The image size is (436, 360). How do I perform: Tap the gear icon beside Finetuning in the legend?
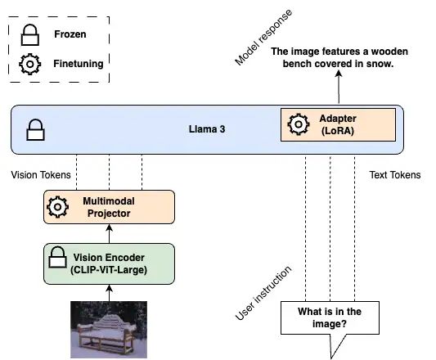point(30,65)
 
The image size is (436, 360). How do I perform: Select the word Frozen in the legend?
point(70,34)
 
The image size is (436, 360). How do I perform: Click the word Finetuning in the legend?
point(79,64)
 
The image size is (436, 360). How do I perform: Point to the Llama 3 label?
point(207,129)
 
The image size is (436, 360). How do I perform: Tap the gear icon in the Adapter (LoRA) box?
point(299,124)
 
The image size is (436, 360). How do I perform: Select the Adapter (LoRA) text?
point(338,124)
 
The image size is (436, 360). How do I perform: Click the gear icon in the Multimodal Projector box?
point(57,207)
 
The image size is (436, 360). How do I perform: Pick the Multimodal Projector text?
point(109,207)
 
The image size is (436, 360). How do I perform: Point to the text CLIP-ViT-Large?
point(109,270)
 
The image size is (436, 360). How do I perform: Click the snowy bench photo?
point(109,330)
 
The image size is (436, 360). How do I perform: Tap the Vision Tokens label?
point(41,175)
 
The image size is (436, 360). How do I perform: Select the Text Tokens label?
point(395,175)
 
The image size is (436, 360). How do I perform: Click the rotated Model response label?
point(263,38)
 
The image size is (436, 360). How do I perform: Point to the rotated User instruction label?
point(263,293)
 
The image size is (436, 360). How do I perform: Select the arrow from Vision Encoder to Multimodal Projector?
point(110,234)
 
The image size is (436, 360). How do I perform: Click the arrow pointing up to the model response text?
point(339,87)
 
